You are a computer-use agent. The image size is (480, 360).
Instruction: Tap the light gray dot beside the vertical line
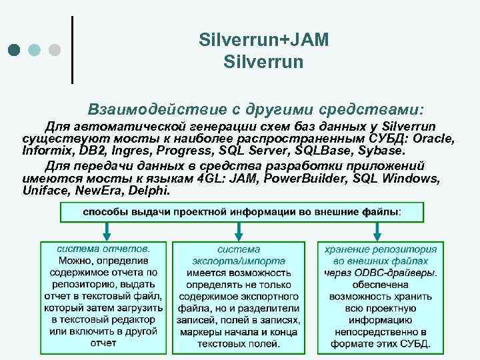(x=55, y=50)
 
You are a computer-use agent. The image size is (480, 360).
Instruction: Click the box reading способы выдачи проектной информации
(x=241, y=212)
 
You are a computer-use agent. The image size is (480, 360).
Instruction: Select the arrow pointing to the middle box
(x=239, y=231)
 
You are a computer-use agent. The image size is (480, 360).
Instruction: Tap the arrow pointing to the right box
(x=377, y=231)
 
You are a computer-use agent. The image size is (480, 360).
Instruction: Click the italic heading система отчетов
(x=103, y=247)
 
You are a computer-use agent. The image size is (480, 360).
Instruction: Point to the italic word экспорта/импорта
(x=239, y=261)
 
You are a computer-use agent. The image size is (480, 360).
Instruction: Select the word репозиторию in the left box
(x=75, y=284)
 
